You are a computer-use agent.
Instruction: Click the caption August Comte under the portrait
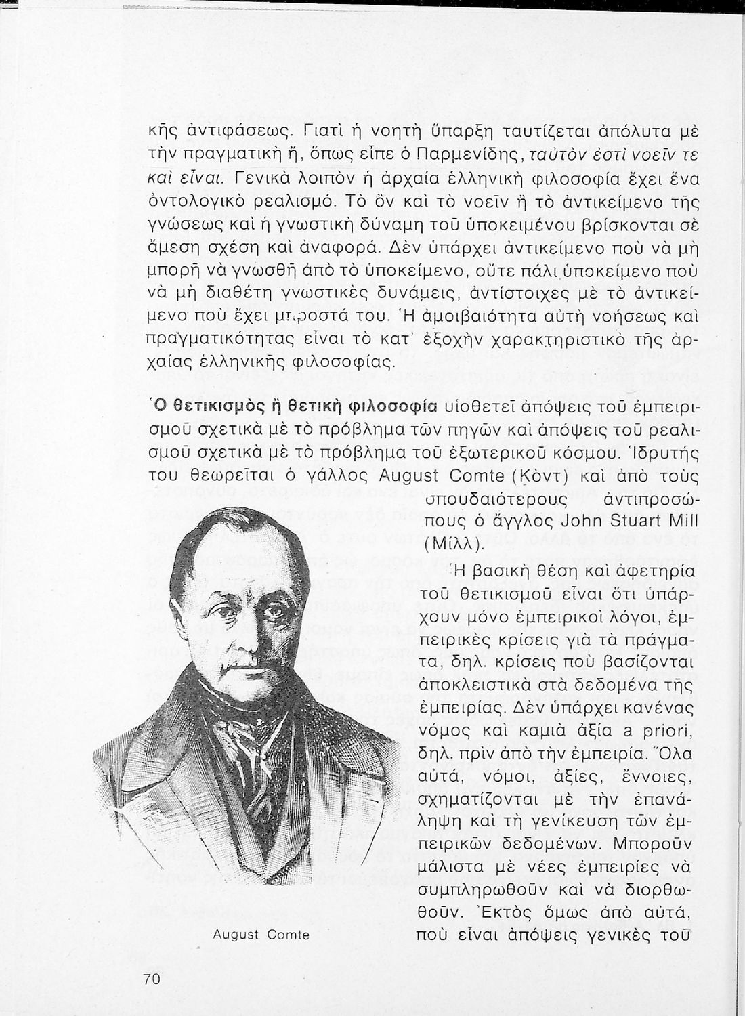261,935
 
